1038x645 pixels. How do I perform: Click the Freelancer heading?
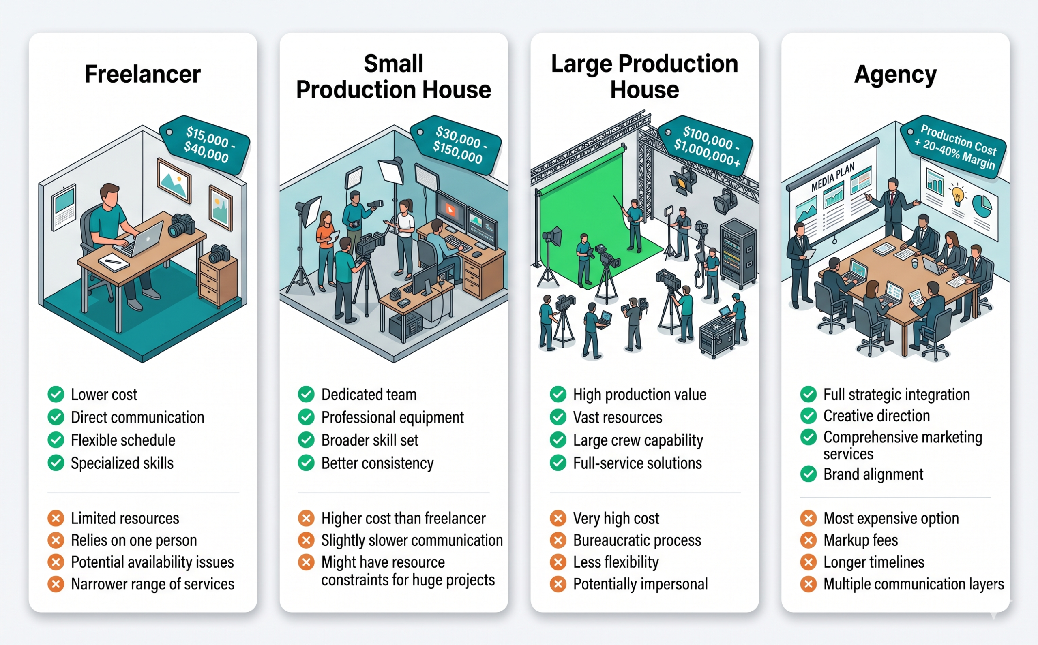[143, 74]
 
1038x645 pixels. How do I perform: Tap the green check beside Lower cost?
[56, 394]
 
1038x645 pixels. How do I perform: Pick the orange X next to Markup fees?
[809, 540]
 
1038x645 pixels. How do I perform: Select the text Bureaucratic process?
[637, 540]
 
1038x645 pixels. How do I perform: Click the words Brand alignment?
[873, 474]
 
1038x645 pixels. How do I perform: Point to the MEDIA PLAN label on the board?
[833, 177]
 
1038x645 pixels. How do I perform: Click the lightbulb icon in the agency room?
[957, 194]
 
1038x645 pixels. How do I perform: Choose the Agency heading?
[895, 75]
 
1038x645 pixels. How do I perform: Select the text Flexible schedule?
[123, 440]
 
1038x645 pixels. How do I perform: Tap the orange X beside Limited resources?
[56, 518]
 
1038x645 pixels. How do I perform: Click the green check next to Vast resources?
[558, 417]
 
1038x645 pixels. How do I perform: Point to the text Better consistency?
[377, 463]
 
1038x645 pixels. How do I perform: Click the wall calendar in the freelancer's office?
[64, 207]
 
